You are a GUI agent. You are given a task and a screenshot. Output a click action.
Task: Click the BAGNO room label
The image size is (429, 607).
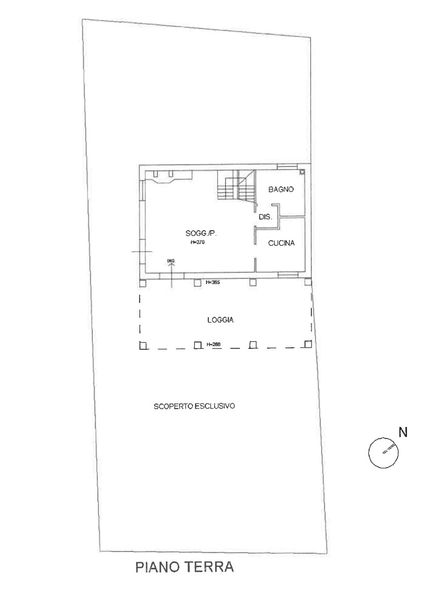(281, 189)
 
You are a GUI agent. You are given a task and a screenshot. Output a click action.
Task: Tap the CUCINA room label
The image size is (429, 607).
(281, 243)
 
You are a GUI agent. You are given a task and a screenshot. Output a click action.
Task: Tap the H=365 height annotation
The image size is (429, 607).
(213, 283)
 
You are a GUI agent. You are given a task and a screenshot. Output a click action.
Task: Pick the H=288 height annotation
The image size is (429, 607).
(213, 344)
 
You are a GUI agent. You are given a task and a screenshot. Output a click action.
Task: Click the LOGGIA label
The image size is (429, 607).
(220, 320)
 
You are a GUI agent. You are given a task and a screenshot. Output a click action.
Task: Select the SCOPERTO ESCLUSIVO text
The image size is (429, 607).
(194, 406)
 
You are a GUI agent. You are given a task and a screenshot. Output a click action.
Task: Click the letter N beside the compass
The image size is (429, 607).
(403, 432)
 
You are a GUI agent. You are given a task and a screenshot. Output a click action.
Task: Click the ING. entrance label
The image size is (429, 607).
(172, 261)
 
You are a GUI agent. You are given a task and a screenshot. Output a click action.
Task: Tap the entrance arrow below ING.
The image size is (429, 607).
(172, 275)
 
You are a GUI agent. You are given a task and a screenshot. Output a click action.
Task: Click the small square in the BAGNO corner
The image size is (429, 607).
(302, 172)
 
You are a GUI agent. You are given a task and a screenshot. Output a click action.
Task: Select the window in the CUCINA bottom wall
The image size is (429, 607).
(287, 275)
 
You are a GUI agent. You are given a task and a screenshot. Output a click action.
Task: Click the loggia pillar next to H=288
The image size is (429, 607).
(198, 345)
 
